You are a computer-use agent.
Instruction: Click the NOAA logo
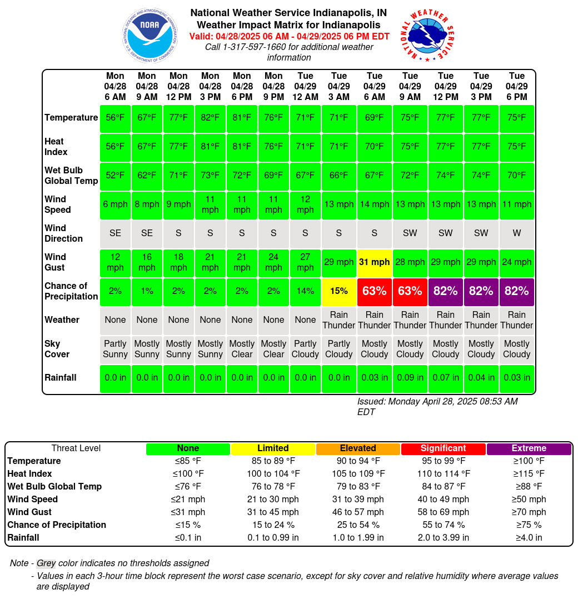click(150, 35)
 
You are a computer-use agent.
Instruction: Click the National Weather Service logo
click(427, 35)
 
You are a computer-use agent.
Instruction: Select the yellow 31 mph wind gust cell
click(375, 262)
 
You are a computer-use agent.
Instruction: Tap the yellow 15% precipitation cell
click(339, 292)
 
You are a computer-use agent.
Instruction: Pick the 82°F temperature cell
click(210, 118)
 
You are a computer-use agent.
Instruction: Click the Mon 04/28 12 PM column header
click(178, 86)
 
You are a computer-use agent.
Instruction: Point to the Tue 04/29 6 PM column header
click(516, 86)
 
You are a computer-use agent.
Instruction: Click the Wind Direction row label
click(63, 233)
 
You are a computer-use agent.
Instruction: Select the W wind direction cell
click(516, 233)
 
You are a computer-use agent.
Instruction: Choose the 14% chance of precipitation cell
click(305, 292)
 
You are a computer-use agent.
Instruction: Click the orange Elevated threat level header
click(358, 448)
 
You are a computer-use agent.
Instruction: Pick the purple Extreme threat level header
click(529, 448)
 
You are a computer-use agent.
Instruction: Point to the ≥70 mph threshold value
click(529, 512)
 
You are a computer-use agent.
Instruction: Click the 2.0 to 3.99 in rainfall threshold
click(443, 538)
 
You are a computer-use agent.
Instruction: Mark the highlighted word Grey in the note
click(46, 563)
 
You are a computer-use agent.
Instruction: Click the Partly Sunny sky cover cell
click(115, 349)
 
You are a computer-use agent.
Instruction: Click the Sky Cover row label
click(57, 349)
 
